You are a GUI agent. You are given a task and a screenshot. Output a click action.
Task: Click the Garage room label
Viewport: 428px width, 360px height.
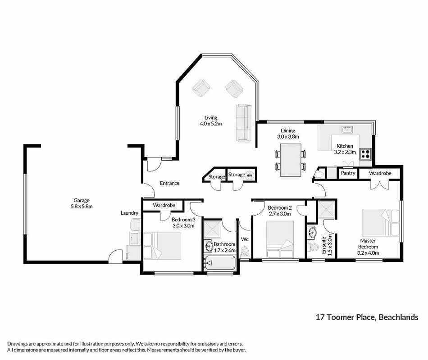pos(82,200)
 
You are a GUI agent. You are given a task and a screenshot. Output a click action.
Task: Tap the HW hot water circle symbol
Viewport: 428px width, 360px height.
pos(249,175)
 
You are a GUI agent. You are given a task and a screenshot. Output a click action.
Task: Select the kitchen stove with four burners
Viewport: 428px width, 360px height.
pos(365,154)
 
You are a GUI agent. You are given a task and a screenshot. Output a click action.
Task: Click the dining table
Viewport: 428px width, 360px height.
pos(291,160)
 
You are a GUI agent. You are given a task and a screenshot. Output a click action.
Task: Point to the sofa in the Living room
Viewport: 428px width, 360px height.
pos(243,123)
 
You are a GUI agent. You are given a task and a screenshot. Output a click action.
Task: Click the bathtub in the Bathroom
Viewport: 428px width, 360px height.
pos(220,263)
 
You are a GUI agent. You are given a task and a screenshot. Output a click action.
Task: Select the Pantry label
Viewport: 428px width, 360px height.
pos(348,173)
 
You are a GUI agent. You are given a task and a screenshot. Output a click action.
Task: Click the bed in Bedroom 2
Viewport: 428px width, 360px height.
pos(280,239)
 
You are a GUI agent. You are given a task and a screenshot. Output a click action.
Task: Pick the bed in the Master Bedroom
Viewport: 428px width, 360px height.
pos(381,223)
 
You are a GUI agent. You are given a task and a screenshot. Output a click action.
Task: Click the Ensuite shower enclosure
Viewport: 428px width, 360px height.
pos(327,210)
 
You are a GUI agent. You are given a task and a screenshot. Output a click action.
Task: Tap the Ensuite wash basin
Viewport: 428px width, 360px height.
pos(312,232)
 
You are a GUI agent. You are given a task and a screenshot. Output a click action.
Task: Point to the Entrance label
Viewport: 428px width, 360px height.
pos(169,183)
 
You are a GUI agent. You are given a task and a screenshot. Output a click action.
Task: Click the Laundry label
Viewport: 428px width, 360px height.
pos(129,213)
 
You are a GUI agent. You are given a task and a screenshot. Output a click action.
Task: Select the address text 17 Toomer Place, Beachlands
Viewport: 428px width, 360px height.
pos(367,317)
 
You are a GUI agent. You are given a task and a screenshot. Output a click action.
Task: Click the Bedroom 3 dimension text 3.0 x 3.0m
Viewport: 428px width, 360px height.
pos(183,226)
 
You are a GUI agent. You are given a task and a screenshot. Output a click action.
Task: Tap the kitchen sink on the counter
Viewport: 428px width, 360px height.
pos(347,130)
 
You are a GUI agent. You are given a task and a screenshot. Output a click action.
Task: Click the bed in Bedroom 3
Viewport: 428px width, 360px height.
pos(162,246)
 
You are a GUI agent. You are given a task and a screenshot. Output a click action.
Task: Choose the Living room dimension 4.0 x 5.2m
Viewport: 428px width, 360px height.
pos(211,124)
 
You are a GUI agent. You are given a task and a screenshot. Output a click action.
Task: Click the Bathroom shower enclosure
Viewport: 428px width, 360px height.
pos(213,229)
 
